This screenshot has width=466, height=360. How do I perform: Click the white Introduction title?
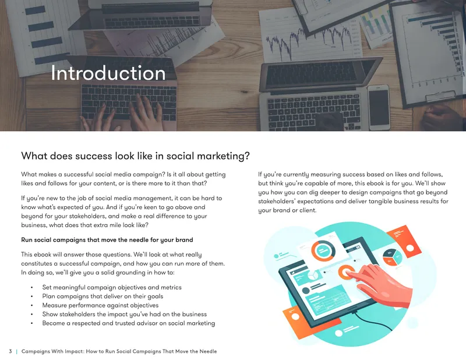[108, 73]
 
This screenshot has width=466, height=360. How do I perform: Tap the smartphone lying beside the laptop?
[379, 107]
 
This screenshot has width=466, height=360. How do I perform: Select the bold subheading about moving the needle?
[107, 240]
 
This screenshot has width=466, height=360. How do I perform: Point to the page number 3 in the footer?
[10, 351]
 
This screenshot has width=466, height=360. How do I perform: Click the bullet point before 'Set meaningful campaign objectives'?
[32, 287]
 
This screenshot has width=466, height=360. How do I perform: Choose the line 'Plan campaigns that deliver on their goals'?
[103, 297]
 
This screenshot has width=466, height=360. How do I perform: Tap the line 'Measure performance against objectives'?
[100, 305]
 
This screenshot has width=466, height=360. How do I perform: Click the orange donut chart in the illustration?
[324, 251]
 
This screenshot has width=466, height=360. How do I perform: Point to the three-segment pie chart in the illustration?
[392, 257]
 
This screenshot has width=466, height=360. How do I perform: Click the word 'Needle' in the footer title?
[208, 351]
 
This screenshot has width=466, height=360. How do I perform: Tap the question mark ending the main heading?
[248, 156]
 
